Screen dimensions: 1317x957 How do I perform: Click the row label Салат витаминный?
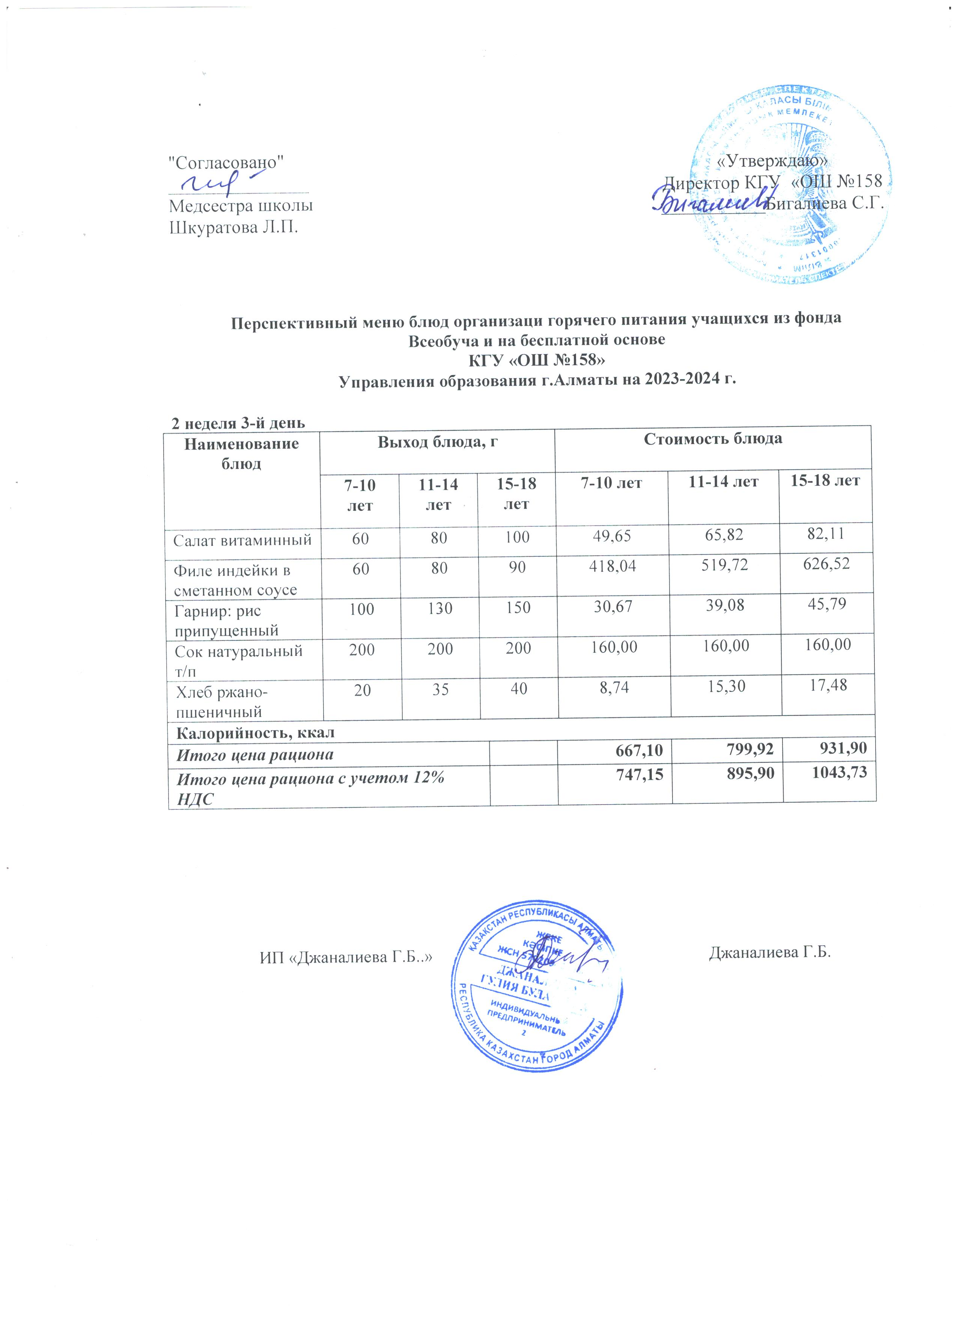(x=242, y=540)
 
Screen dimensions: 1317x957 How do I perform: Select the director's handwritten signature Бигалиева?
(x=707, y=202)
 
